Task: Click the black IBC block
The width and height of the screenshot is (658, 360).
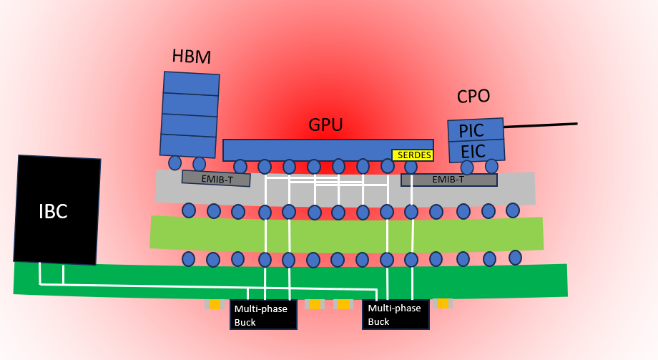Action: pyautogui.click(x=57, y=210)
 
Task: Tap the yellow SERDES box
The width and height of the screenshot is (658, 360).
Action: pyautogui.click(x=413, y=155)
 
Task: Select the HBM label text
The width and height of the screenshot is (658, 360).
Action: pyautogui.click(x=192, y=57)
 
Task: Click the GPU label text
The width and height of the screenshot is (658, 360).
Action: pyautogui.click(x=325, y=125)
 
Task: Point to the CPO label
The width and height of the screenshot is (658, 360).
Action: pyautogui.click(x=473, y=96)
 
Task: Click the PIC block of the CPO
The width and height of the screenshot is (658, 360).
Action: pyautogui.click(x=476, y=130)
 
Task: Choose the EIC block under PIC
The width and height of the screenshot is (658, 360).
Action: pyautogui.click(x=477, y=151)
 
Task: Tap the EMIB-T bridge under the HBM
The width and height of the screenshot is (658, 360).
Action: pyautogui.click(x=216, y=178)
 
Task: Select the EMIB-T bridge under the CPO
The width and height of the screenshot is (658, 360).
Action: pyautogui.click(x=449, y=180)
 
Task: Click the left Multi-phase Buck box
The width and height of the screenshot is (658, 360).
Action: pyautogui.click(x=263, y=315)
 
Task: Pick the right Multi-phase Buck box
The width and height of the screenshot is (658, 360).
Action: pyautogui.click(x=396, y=314)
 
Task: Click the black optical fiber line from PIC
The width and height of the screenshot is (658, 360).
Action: pyautogui.click(x=541, y=125)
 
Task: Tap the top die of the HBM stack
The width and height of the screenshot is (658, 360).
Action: pyautogui.click(x=191, y=84)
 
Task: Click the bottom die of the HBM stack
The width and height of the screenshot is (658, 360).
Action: pyautogui.click(x=188, y=146)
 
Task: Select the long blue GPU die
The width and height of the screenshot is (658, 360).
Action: pyautogui.click(x=328, y=150)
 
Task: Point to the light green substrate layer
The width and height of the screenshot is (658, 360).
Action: pyautogui.click(x=347, y=233)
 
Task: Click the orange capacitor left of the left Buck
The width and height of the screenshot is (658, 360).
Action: pyautogui.click(x=215, y=304)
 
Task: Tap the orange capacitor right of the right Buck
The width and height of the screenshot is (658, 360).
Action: pyautogui.click(x=443, y=303)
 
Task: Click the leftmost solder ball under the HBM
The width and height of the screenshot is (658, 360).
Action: pyautogui.click(x=175, y=163)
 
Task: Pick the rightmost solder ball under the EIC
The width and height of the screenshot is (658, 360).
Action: pyautogui.click(x=491, y=166)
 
